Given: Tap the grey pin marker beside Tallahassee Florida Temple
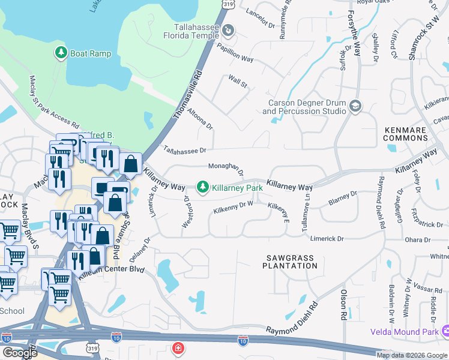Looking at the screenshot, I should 229,30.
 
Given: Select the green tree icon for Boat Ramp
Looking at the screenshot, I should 61,53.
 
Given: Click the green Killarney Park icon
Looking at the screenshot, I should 203,188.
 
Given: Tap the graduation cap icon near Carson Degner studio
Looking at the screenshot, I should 355,106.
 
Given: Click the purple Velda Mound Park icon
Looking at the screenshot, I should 445,331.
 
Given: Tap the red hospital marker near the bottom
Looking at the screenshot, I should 178,348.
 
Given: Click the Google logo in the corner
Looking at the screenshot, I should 20,353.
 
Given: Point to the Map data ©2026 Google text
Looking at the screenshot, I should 412,355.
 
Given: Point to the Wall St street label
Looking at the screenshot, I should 238,81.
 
